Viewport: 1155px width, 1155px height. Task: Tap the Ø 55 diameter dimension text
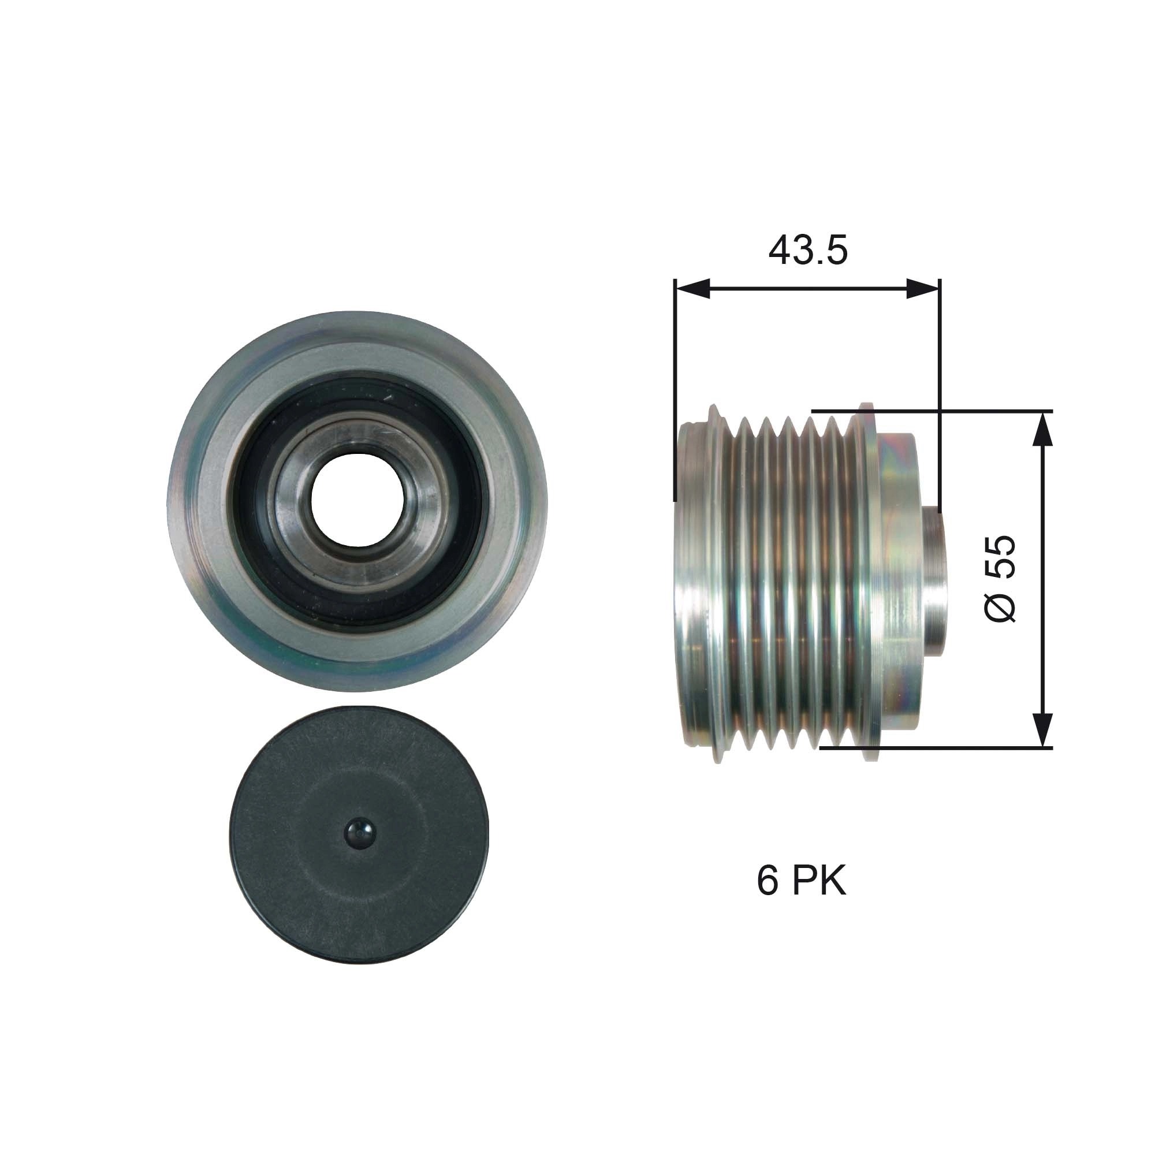coord(1000,578)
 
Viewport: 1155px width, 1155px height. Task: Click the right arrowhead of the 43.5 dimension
coord(923,288)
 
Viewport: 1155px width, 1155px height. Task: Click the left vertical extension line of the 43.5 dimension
coord(675,389)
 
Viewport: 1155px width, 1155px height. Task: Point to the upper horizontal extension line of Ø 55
coord(956,411)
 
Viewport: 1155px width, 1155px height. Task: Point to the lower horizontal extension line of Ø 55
coord(956,747)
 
